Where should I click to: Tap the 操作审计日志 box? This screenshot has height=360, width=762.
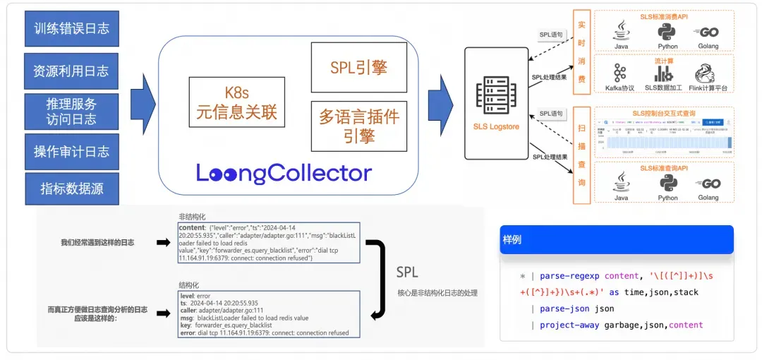pos(71,151)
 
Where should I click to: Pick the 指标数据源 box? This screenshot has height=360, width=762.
pos(71,188)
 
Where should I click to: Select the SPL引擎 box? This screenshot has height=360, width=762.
pos(358,67)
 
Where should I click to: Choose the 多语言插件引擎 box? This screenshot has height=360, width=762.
pos(358,125)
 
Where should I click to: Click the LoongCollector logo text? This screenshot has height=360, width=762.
pos(283,173)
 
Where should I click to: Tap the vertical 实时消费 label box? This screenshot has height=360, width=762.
pos(581,56)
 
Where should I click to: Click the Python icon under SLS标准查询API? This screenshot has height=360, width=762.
pos(667,183)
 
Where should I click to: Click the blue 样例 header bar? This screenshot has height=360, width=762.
pos(616,239)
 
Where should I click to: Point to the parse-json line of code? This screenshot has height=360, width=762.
pos(576,308)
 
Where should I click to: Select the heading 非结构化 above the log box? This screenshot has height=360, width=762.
pos(193,217)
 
